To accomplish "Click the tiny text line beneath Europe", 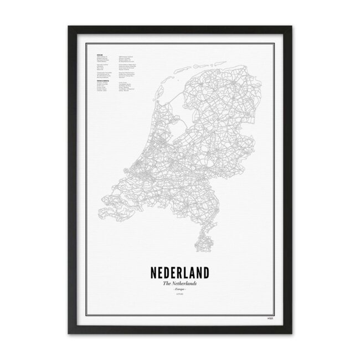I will pyautogui.click(x=179, y=297).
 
